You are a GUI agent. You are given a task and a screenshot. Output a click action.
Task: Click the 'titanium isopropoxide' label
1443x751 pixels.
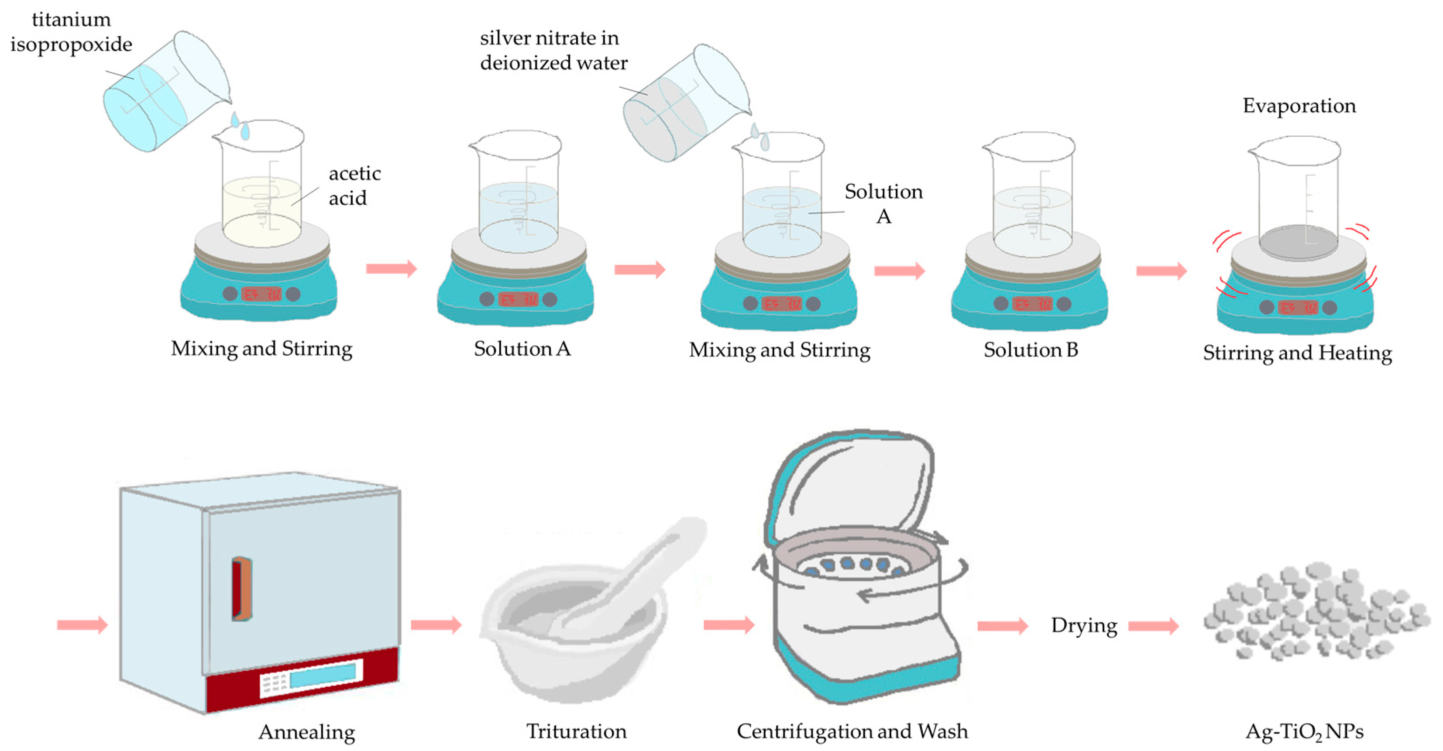tap(71, 32)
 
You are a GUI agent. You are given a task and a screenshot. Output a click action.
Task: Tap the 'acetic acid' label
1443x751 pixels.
tap(354, 185)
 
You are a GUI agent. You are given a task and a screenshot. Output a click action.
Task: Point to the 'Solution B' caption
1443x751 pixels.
tap(1030, 350)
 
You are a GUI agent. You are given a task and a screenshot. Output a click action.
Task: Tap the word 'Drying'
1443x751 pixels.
tap(1083, 625)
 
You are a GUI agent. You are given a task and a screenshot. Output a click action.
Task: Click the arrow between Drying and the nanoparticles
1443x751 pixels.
tap(1153, 626)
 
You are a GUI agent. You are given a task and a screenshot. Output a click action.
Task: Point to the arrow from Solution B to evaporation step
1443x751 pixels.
tap(1161, 271)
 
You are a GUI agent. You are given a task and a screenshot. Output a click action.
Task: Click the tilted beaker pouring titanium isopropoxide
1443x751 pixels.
tap(165, 93)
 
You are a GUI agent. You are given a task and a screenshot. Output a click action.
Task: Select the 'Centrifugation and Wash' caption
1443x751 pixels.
tap(852, 731)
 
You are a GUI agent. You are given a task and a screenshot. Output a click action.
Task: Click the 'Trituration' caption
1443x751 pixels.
tap(576, 731)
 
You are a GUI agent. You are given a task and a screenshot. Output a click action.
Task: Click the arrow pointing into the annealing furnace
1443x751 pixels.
tap(82, 624)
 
